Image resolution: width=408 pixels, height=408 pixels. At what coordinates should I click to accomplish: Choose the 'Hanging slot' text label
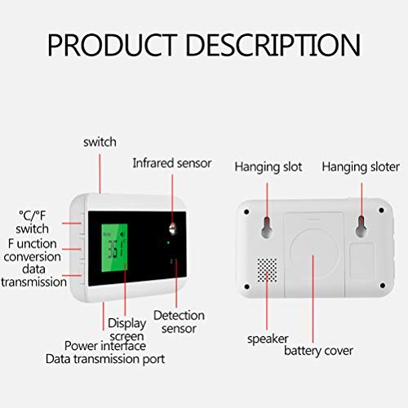point(268,166)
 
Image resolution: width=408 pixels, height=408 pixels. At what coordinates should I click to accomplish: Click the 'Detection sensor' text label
point(179,321)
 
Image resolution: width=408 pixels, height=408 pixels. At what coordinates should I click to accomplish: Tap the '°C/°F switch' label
point(33,221)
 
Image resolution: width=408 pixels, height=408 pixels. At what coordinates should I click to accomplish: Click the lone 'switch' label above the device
point(100,141)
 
